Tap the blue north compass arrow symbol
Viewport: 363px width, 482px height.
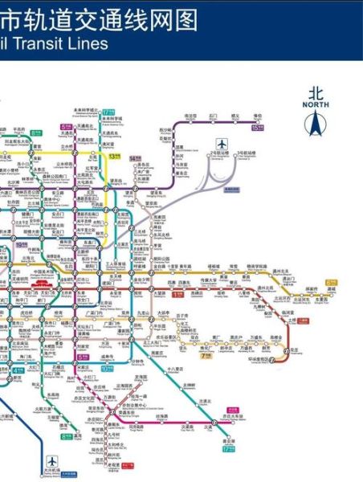point(316,124)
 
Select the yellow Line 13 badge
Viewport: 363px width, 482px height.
point(116,157)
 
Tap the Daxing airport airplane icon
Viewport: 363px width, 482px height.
point(52,462)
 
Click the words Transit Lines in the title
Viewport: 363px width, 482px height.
point(63,44)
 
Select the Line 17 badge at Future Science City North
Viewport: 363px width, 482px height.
point(108,111)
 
